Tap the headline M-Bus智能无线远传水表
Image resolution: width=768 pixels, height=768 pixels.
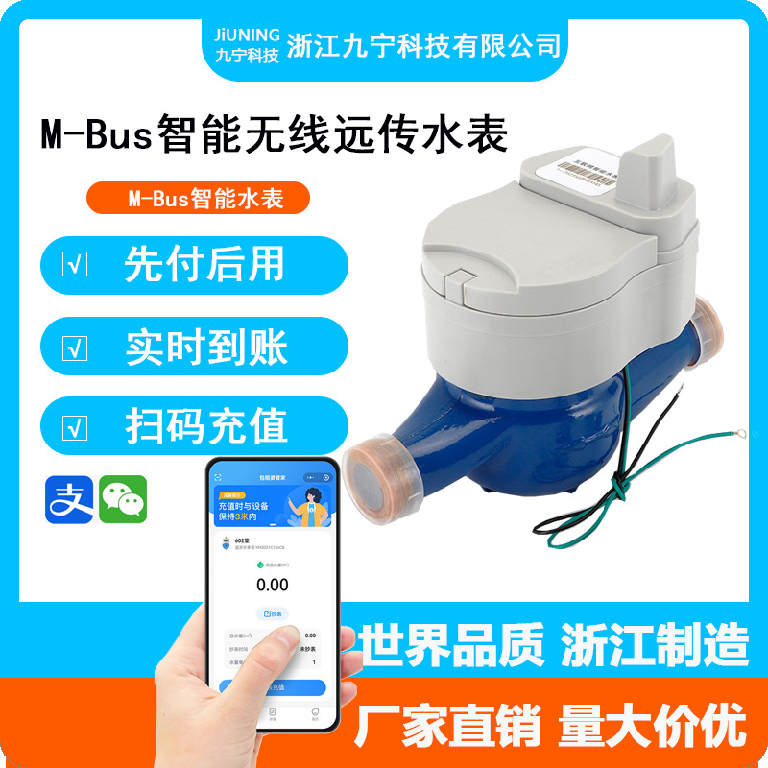coord(274,134)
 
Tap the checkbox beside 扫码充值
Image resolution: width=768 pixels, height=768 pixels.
coord(74,427)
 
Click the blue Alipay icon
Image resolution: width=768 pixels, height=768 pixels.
coord(69,499)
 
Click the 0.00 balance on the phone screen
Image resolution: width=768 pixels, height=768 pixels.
coord(272,585)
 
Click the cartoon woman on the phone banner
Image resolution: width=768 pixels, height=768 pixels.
coord(310,503)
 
